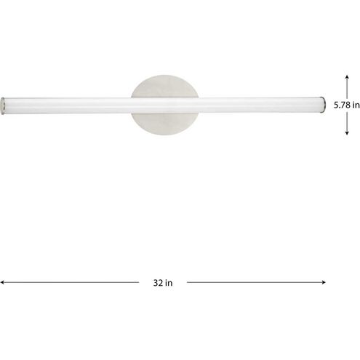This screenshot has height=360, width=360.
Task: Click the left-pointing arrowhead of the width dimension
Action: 3,281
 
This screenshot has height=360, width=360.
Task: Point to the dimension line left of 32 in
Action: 73,281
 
